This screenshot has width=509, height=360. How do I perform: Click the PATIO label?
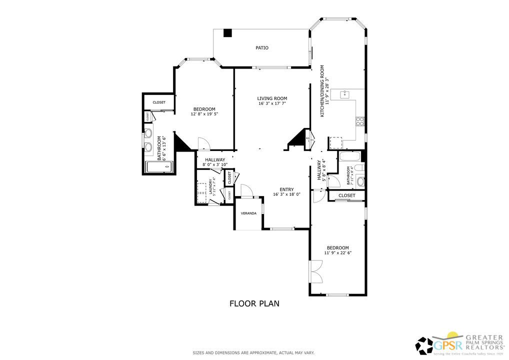tap(262, 48)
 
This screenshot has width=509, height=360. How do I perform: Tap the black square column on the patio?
tap(228, 33)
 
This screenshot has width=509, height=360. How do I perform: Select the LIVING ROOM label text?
tap(272, 98)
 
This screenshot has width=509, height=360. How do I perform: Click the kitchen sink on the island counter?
tap(345, 93)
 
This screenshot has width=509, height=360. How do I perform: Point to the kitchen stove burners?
tap(359, 120)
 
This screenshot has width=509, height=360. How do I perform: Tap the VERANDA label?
tap(248, 213)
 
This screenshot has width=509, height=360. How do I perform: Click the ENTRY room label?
tap(286, 189)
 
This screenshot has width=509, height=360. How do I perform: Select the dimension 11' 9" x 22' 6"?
tap(338, 253)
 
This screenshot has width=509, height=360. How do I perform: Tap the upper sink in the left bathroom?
tap(148, 133)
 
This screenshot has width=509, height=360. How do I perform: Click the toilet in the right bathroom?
tap(360, 181)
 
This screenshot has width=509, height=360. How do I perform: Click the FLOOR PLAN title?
tap(254, 303)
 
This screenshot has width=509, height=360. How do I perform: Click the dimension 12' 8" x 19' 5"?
tap(204, 114)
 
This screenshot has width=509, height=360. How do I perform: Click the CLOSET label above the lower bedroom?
tap(346, 195)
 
